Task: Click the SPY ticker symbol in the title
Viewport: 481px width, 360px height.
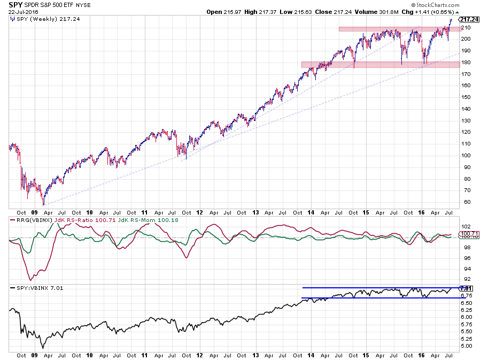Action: tap(15, 4)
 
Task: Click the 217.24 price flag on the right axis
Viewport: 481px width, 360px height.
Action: tap(467, 19)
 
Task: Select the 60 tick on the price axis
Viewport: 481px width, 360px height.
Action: tap(463, 202)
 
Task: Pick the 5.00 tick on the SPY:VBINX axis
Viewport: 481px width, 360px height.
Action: tap(466, 346)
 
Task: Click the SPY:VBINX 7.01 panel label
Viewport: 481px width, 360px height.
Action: tap(33, 289)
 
